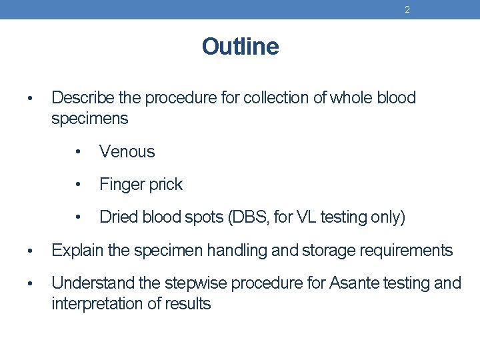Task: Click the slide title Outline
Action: tap(240, 47)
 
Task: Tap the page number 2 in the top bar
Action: tap(407, 9)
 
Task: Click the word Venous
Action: tap(127, 152)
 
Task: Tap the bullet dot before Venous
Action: tap(79, 152)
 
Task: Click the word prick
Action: tap(164, 185)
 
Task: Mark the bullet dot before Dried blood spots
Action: tap(79, 217)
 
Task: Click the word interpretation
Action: tap(95, 304)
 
